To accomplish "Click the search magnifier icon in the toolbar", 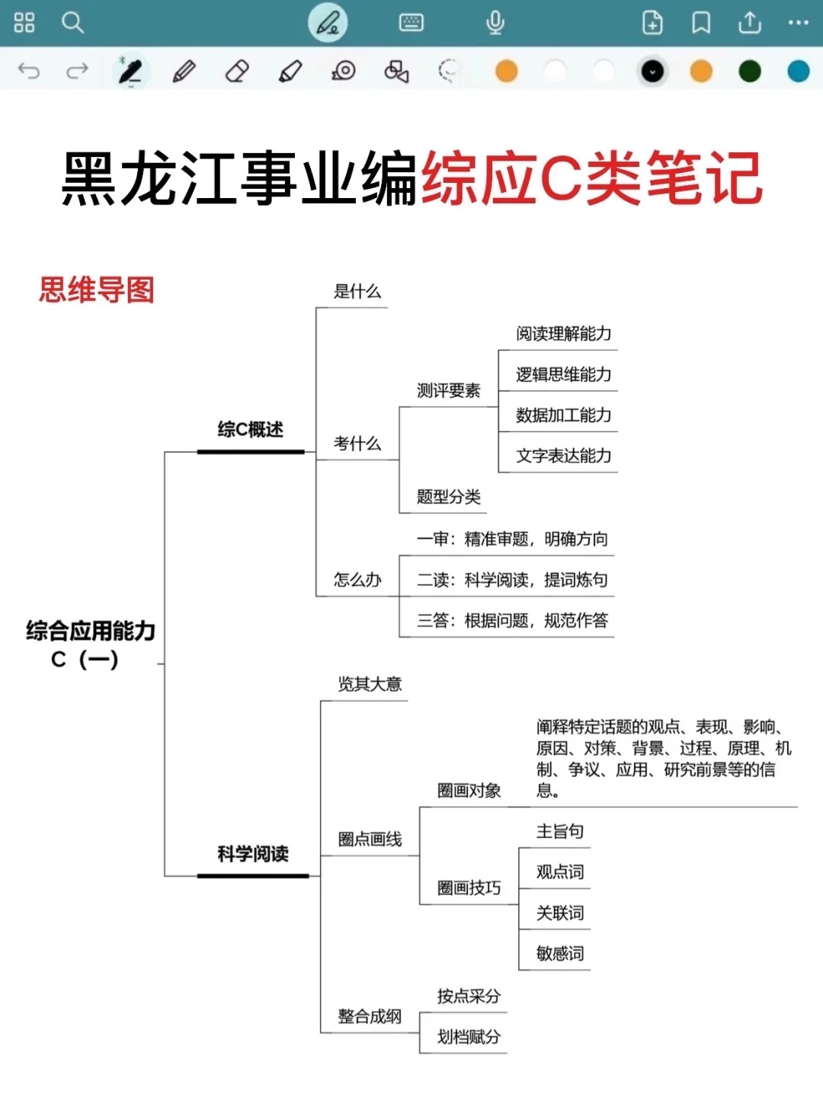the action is (72, 23).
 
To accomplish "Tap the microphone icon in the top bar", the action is (495, 23).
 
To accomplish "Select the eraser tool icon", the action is (237, 72).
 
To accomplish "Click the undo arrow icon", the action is (29, 72).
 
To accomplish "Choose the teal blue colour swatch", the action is (798, 72).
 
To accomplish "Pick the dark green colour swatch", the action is (750, 72).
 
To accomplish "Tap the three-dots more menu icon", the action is (798, 23).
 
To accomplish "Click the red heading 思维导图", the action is (97, 290).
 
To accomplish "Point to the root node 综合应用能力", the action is (91, 631).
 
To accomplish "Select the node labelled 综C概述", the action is (250, 430).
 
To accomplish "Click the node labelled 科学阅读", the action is (253, 854).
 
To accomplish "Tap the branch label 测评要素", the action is (448, 391).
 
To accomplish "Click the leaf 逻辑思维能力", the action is (563, 375).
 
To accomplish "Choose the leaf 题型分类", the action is (448, 497).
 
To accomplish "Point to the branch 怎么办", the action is (357, 580).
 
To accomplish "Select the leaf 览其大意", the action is (370, 684).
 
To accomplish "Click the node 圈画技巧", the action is (469, 888).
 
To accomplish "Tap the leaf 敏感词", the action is (560, 954).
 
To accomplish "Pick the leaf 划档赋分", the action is (469, 1037).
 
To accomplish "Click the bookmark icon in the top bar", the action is (701, 23).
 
